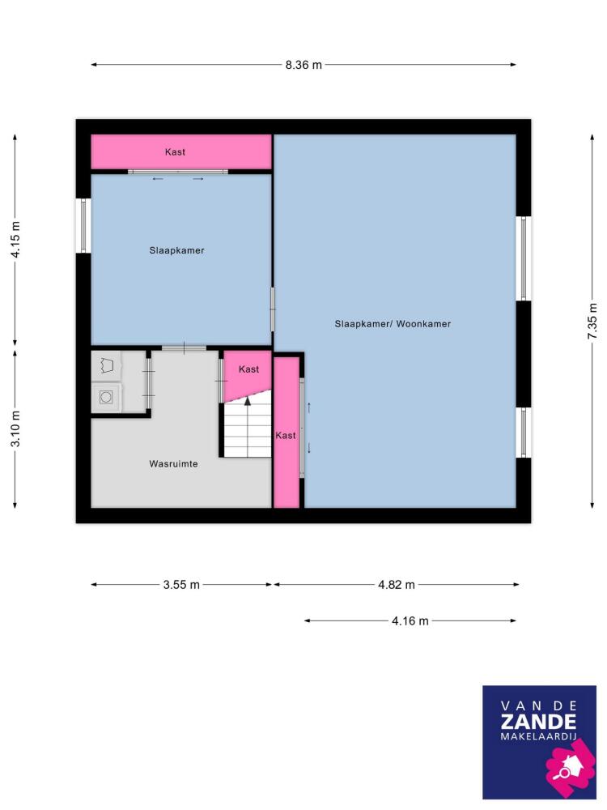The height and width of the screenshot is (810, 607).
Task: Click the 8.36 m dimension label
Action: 303,65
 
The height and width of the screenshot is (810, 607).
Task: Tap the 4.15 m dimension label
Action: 16,239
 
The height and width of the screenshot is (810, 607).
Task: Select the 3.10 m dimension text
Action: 16,428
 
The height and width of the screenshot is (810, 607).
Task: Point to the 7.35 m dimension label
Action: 592,322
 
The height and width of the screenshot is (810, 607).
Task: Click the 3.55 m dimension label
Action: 181,585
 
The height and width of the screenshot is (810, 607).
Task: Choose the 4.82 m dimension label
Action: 397,585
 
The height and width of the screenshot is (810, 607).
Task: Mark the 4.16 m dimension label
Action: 410,621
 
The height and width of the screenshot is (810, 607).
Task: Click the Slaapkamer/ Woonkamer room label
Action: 393,324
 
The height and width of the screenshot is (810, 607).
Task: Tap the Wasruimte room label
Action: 173,464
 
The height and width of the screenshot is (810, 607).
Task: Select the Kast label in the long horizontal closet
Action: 175,152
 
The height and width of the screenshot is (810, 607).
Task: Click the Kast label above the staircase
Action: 248,369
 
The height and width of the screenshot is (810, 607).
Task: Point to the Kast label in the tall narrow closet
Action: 286,436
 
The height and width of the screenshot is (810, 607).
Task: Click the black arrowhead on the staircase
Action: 247,401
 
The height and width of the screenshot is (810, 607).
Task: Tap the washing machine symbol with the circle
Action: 106,397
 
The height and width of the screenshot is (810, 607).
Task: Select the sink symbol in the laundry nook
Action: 106,366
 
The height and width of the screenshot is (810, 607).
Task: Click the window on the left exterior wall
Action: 83,226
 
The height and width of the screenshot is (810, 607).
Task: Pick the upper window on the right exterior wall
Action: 524,259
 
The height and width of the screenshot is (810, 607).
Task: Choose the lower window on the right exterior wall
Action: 524,433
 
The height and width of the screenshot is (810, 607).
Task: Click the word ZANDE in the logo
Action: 538,722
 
